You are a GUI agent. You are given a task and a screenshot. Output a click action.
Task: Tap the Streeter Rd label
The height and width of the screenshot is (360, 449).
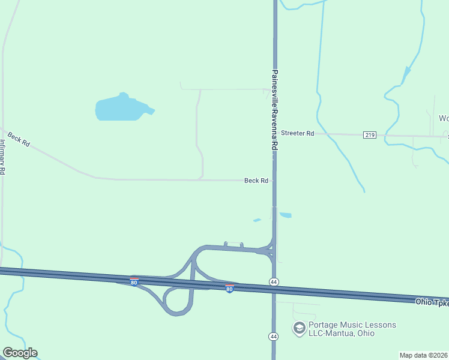pos(297,133)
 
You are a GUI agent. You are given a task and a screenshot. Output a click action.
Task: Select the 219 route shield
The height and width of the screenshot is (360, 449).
pos(370,135)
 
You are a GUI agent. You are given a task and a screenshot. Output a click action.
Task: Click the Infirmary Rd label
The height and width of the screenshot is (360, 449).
pos(3,157)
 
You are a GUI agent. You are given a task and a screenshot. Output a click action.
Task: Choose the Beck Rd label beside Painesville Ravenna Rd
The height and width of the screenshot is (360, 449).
pos(256,181)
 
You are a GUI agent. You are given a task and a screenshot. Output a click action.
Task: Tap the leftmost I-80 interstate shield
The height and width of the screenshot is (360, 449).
pos(134,281)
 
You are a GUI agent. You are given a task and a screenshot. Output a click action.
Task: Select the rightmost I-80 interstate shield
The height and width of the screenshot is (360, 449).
pos(229,289)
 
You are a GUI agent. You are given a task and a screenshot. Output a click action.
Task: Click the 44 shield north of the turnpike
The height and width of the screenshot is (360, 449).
pos(274,281)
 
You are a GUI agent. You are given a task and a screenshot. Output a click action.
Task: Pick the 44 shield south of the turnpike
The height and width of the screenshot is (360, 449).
pos(274,336)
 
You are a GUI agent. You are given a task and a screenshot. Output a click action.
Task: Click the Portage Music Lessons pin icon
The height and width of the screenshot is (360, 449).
pos(298,328)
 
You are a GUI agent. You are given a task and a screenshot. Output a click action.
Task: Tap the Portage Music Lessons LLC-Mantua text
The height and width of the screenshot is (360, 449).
pos(352,329)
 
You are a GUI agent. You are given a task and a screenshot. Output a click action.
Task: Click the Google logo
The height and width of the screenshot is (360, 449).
pos(20,353)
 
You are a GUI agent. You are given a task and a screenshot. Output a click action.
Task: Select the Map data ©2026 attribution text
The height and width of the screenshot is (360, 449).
pos(424,355)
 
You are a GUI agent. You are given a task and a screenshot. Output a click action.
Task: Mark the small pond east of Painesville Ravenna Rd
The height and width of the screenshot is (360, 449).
pos(286,215)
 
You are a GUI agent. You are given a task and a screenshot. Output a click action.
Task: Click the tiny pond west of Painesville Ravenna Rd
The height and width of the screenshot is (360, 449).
pos(257,220)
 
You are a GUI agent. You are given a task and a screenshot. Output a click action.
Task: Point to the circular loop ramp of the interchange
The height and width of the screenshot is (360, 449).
pos(178,301)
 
